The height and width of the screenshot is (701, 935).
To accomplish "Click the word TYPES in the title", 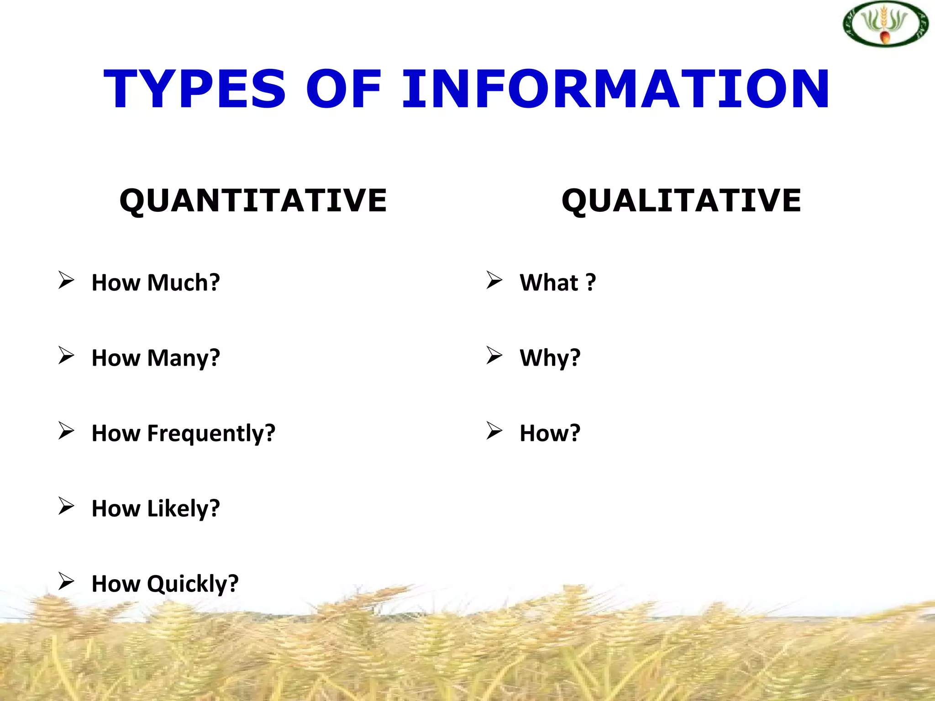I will (195, 89).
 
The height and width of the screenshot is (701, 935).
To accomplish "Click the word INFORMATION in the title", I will (615, 89).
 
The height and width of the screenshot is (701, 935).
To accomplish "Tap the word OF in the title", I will (343, 89).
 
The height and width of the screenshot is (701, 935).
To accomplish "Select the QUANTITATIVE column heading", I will (253, 201).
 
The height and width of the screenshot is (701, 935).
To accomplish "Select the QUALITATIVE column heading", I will (681, 201).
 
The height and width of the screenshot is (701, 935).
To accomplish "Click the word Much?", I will (184, 282).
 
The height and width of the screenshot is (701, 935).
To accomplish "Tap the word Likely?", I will (184, 508).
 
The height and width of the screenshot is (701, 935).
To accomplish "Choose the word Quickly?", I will (193, 584).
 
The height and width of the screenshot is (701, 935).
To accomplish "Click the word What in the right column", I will (549, 282).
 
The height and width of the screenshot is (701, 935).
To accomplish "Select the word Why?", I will (550, 358).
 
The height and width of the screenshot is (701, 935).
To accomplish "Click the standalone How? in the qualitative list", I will (550, 433).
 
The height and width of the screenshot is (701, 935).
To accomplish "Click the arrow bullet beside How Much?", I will (66, 280).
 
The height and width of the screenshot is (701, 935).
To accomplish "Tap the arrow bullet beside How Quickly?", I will (66, 581).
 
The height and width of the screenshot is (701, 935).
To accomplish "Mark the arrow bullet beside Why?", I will (494, 356).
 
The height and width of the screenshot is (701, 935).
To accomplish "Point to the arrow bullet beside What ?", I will (494, 280).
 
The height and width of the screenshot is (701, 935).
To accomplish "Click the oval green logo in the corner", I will (885, 24).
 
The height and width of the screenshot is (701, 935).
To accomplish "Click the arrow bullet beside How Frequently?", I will (66, 431).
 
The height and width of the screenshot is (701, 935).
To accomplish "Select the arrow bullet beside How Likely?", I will (66, 506).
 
